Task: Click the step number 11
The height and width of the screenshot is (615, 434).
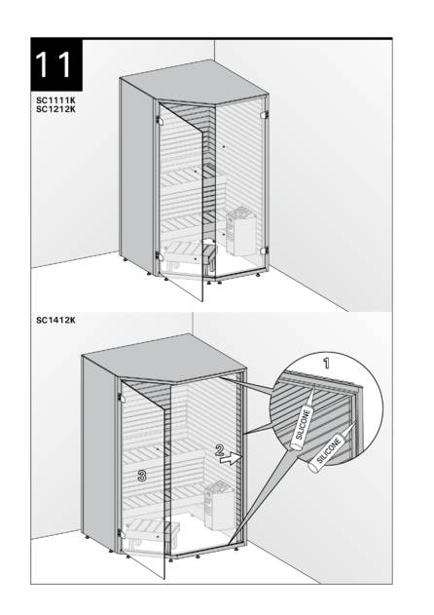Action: (54, 64)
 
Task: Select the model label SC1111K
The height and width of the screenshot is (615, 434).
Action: (55, 100)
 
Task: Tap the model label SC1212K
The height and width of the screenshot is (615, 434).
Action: (55, 109)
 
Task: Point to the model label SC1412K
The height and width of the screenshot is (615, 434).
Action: (55, 321)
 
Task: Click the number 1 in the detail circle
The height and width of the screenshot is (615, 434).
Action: (326, 364)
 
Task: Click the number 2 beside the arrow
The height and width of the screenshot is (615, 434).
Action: (220, 450)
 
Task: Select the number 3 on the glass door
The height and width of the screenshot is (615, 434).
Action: (142, 476)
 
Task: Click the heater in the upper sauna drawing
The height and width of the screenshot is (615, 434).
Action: (241, 232)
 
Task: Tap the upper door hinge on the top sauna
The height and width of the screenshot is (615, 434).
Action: (159, 120)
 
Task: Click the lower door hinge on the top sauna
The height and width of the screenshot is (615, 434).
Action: (159, 255)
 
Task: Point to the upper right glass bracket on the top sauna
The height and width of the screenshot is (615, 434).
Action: (265, 115)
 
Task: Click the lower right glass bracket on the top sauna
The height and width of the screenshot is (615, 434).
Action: (265, 250)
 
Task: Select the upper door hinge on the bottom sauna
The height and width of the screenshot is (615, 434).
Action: (121, 398)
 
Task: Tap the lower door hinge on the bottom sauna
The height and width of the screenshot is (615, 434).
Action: (121, 533)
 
